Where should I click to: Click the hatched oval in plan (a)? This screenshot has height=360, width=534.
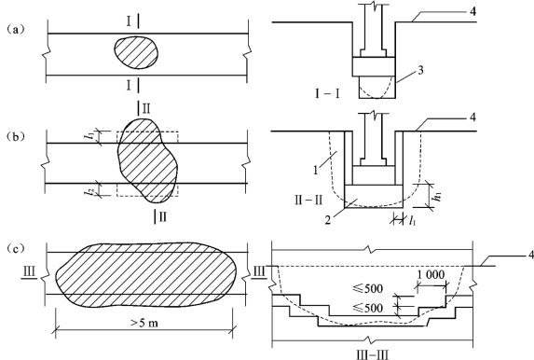pyautogui.click(x=136, y=53)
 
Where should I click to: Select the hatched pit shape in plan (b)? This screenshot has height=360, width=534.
pyautogui.click(x=147, y=160)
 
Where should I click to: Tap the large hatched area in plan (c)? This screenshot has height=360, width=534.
pyautogui.click(x=148, y=275)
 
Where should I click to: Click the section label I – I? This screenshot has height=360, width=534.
pyautogui.click(x=327, y=93)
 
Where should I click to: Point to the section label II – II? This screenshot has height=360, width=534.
pyautogui.click(x=308, y=200)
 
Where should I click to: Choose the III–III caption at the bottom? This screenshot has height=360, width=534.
pyautogui.click(x=372, y=354)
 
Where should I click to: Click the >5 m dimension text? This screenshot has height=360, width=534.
pyautogui.click(x=144, y=323)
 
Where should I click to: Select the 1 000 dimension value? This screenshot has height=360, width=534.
pyautogui.click(x=431, y=274)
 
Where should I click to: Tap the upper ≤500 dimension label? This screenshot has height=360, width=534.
pyautogui.click(x=368, y=289)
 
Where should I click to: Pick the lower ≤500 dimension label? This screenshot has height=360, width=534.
pyautogui.click(x=368, y=308)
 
